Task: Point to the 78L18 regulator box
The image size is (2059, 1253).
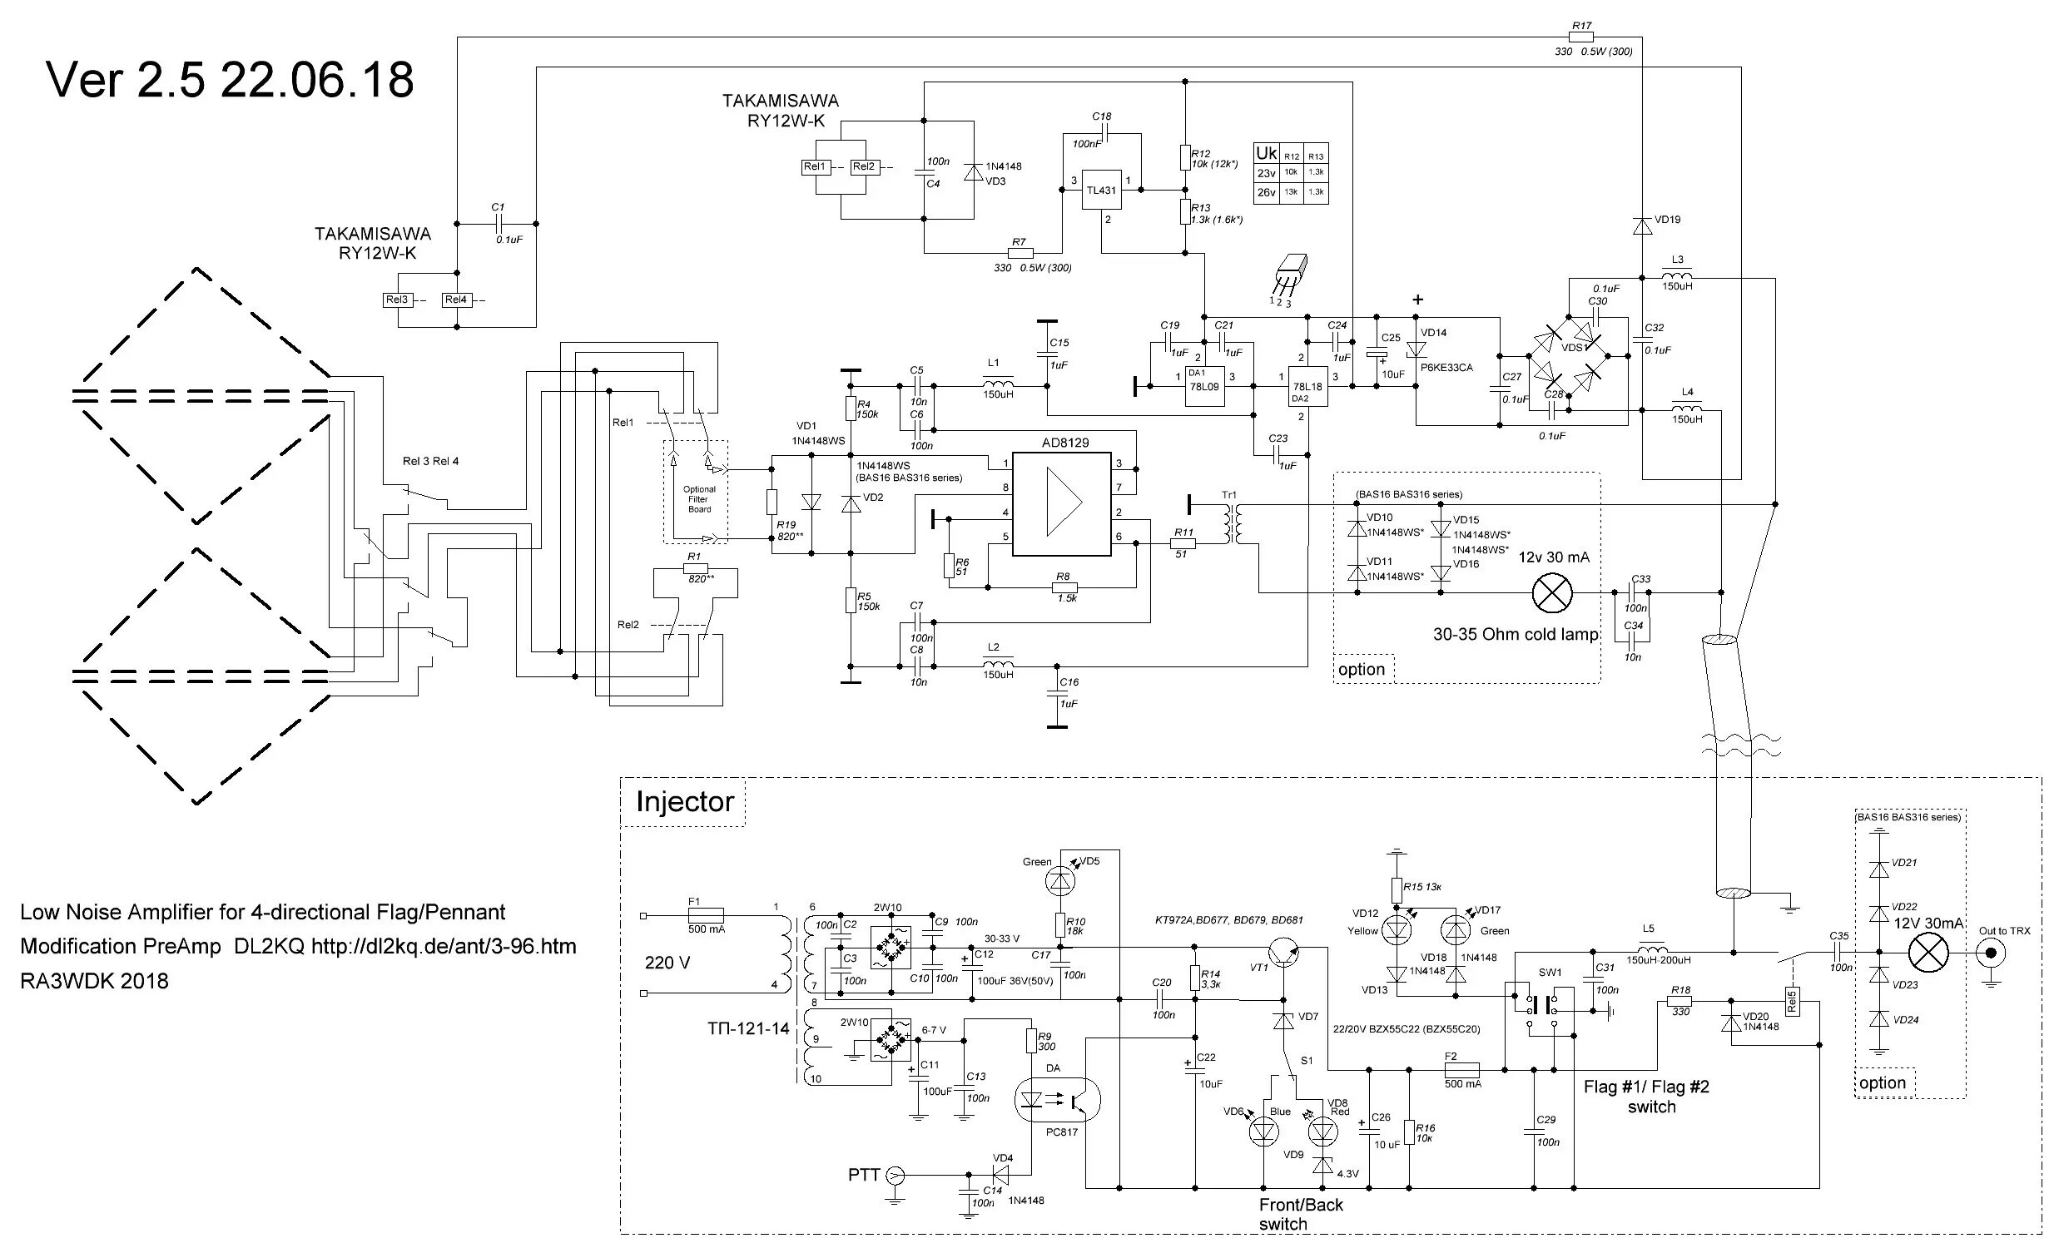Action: click(x=1307, y=387)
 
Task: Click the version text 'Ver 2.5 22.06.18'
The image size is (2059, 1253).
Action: click(x=230, y=80)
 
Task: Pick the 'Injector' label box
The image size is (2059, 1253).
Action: click(x=683, y=802)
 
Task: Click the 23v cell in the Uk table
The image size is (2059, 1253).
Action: click(x=1266, y=173)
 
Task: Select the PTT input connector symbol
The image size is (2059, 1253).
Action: click(x=894, y=1176)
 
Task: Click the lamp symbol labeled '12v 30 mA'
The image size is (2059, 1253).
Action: click(x=1552, y=593)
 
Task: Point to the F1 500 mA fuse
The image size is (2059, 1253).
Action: click(x=705, y=915)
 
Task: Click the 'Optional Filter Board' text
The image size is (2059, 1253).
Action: click(x=699, y=498)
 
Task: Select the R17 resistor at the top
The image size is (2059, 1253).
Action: click(x=1581, y=37)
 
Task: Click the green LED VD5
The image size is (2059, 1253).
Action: click(x=1059, y=878)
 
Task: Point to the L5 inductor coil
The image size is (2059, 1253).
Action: click(x=1652, y=952)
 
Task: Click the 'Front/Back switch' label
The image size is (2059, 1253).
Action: click(x=1300, y=1215)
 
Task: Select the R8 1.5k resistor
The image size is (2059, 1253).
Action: click(x=1064, y=587)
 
